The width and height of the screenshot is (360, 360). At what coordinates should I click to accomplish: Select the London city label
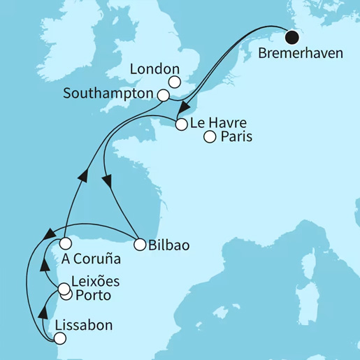[156, 70]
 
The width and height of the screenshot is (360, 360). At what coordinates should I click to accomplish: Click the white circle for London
[175, 82]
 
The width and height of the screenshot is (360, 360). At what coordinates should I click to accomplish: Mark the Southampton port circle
[163, 95]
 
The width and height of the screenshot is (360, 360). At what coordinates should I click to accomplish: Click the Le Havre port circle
[181, 125]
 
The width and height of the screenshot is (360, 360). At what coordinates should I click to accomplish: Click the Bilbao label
[168, 245]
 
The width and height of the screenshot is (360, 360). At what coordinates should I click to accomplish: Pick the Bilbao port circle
[138, 245]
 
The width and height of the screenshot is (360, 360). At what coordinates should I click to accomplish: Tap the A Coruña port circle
[65, 244]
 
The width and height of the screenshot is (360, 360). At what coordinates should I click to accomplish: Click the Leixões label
[96, 282]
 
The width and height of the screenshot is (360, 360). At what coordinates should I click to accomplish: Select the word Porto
[92, 296]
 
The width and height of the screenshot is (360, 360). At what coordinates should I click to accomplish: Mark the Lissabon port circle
[59, 339]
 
